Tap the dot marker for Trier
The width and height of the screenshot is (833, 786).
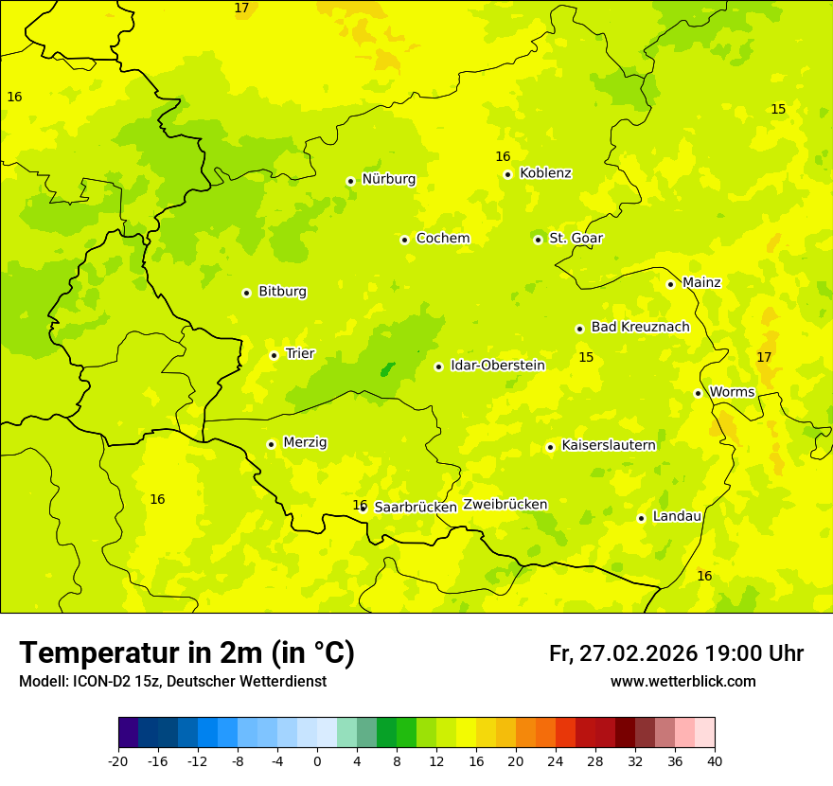(x=274, y=355)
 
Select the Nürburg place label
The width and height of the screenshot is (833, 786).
(x=388, y=179)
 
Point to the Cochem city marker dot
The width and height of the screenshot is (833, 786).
(x=404, y=240)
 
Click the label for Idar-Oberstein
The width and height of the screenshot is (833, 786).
(x=497, y=366)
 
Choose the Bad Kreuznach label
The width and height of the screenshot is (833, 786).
(x=640, y=327)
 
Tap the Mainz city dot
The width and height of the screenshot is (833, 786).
(x=670, y=284)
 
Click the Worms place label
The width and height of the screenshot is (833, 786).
(x=732, y=392)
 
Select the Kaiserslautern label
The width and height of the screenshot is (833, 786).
(x=609, y=445)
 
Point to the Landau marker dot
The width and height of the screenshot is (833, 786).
(x=641, y=518)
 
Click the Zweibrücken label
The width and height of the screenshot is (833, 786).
(x=505, y=505)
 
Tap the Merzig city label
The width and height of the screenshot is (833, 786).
(x=305, y=442)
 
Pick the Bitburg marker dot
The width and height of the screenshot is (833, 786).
(x=246, y=293)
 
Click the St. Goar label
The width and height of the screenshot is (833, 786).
(x=576, y=238)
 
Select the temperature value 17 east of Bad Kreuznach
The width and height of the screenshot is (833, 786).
(x=764, y=357)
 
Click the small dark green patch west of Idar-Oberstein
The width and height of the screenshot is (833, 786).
(x=387, y=369)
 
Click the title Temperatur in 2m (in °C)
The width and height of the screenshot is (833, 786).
(x=186, y=652)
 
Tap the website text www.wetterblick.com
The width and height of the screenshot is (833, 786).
(x=682, y=682)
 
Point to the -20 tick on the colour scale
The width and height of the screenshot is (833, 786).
(x=118, y=760)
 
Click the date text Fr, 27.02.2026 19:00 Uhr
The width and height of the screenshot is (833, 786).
(x=676, y=653)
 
